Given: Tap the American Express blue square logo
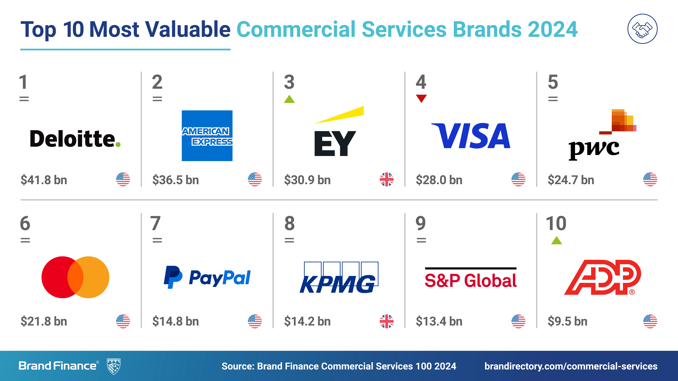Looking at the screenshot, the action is pos(207,136).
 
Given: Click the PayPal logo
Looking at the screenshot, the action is pos(207,277).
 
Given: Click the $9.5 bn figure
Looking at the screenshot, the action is pos(567,321).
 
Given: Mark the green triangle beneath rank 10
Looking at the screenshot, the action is pos(556,240).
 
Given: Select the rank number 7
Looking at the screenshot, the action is pos(156,223).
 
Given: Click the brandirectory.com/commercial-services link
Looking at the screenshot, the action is pos(571,366).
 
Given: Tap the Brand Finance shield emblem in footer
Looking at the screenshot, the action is pos(114,366).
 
